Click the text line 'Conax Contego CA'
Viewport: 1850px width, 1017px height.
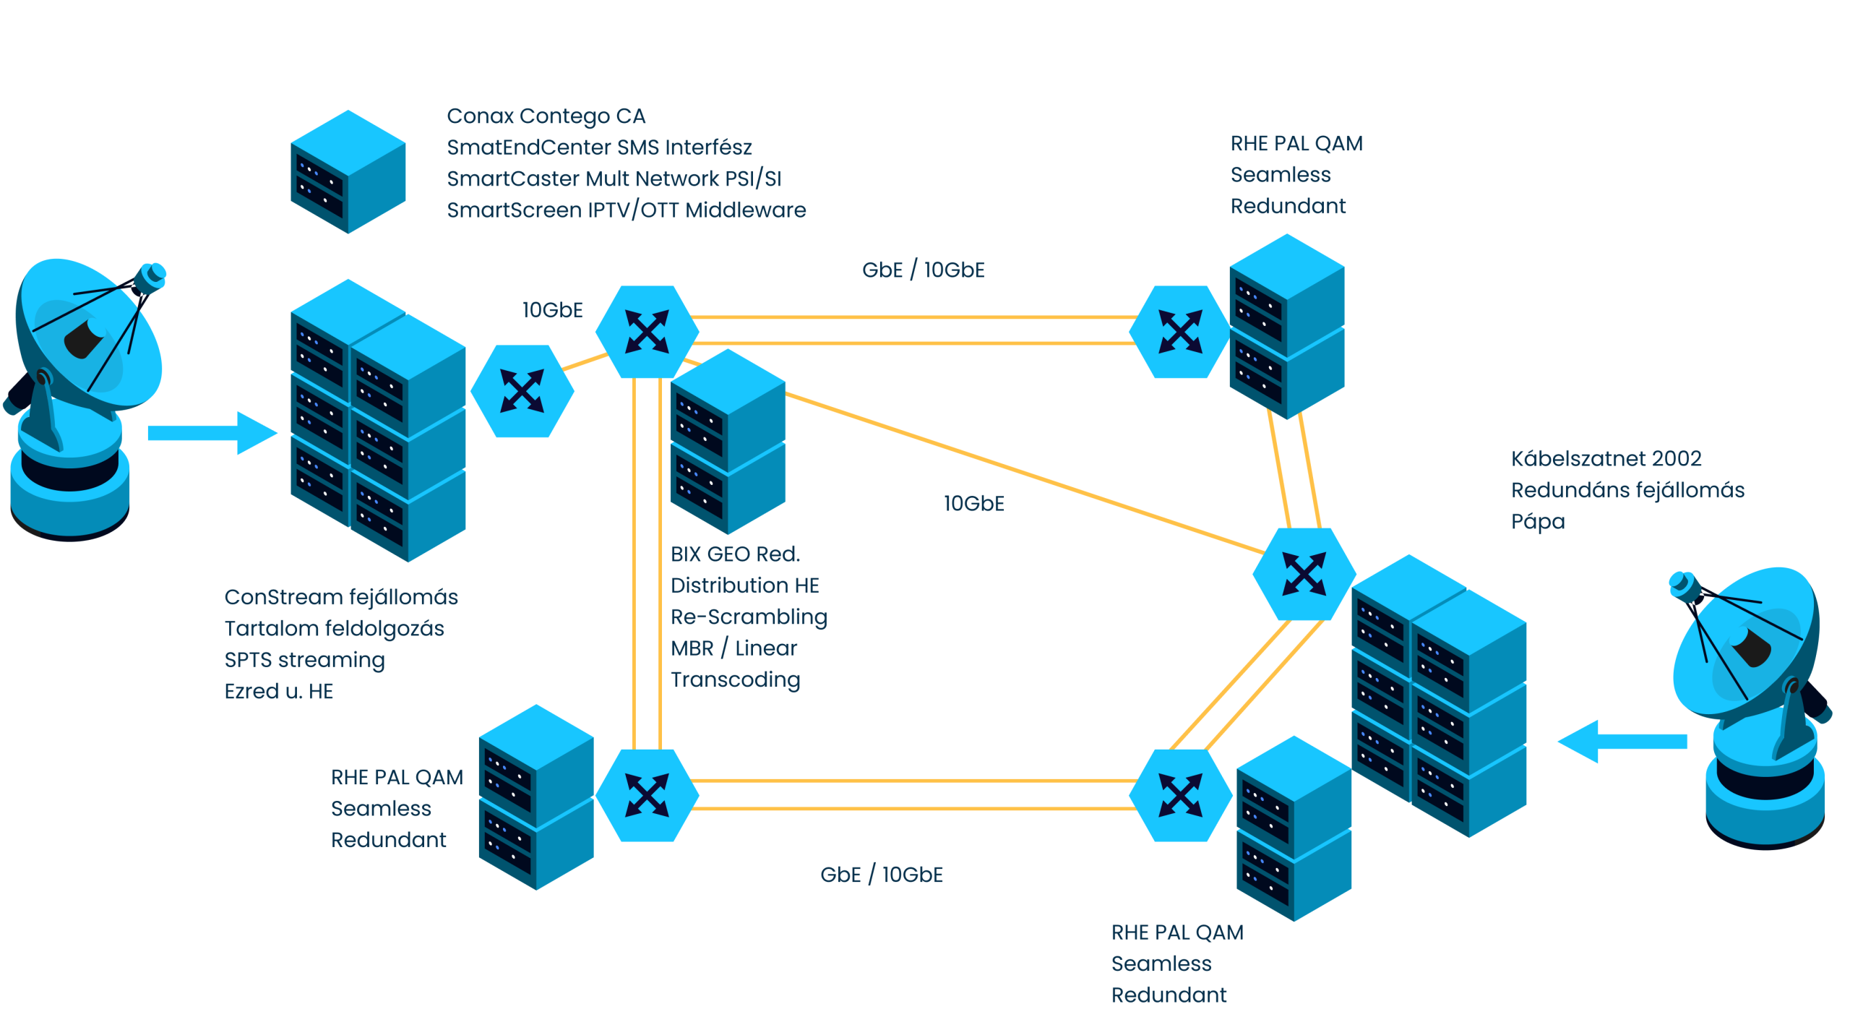pyautogui.click(x=546, y=116)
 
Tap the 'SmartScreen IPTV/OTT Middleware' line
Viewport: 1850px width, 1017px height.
pyautogui.click(x=626, y=210)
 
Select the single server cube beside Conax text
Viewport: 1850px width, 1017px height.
pyautogui.click(x=348, y=171)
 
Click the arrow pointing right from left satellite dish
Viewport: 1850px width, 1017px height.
pyautogui.click(x=212, y=433)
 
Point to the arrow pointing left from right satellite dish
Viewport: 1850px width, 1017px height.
pyautogui.click(x=1622, y=741)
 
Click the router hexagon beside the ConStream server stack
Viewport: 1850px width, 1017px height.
pyautogui.click(x=522, y=390)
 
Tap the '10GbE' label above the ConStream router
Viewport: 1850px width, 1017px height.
pyautogui.click(x=552, y=310)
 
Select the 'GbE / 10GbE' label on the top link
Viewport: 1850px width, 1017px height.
pyautogui.click(x=923, y=270)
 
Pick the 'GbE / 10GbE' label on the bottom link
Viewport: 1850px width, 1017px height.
pyautogui.click(x=881, y=875)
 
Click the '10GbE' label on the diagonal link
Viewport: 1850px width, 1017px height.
pyautogui.click(x=973, y=504)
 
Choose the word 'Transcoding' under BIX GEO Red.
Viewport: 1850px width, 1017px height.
pyautogui.click(x=735, y=680)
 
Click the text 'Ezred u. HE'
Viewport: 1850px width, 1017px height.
pyautogui.click(x=278, y=692)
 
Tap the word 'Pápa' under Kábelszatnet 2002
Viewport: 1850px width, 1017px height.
pyautogui.click(x=1537, y=522)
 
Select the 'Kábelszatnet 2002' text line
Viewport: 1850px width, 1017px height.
pyautogui.click(x=1605, y=459)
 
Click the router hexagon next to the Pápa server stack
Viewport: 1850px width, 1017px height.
pyautogui.click(x=1304, y=574)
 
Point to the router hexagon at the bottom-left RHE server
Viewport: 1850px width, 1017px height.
pyautogui.click(x=647, y=794)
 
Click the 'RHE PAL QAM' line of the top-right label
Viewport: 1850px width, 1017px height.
pyautogui.click(x=1296, y=144)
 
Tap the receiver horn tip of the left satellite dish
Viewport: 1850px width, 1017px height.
pyautogui.click(x=153, y=275)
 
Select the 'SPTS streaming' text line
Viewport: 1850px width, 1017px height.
pyautogui.click(x=304, y=660)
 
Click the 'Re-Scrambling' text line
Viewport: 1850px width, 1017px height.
pyautogui.click(x=748, y=617)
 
